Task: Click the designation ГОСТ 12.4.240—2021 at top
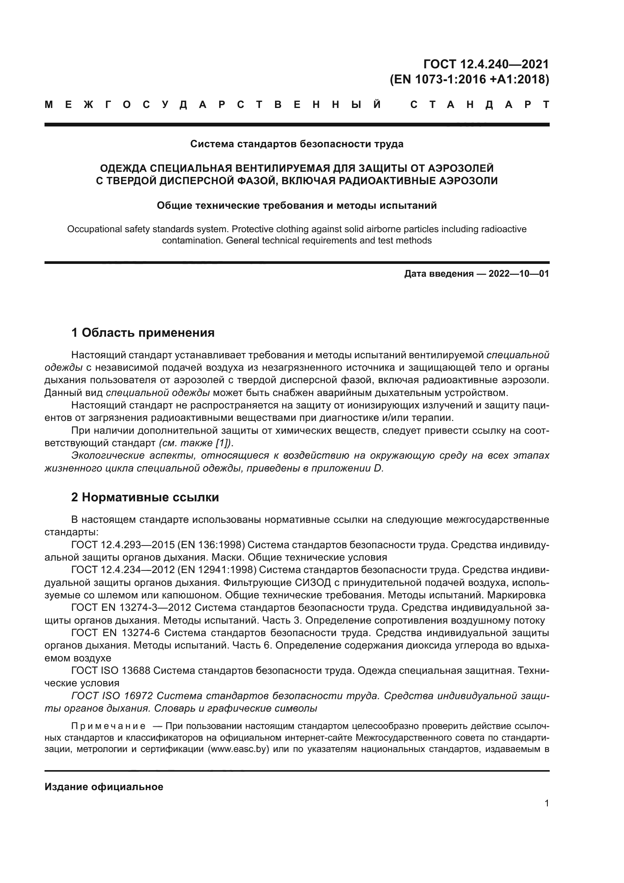tap(486, 64)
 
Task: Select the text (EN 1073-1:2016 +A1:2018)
tap(469, 79)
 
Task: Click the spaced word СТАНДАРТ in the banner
tap(480, 105)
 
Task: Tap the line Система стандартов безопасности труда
tap(297, 144)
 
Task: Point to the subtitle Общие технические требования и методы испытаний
tap(297, 206)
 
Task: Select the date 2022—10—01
tap(518, 274)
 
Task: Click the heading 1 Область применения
tap(143, 333)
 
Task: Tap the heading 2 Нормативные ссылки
tap(145, 497)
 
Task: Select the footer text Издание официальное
tap(104, 787)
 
